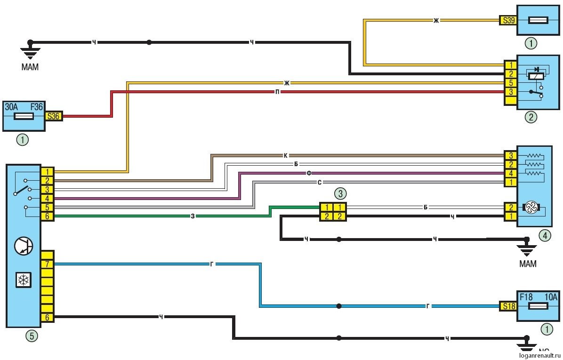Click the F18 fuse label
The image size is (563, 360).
coord(527,297)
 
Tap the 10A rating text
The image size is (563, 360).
coord(550,297)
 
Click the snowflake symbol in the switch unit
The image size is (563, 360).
coord(22,280)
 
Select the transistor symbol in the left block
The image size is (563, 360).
coord(23,246)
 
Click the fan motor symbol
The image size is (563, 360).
coord(531,208)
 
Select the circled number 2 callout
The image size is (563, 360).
coord(531,118)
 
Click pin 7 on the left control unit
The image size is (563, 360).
coord(47,264)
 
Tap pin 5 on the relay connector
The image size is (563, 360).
coord(510,83)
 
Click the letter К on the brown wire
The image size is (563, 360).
coord(285,155)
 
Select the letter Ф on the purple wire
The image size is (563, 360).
coord(309,173)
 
